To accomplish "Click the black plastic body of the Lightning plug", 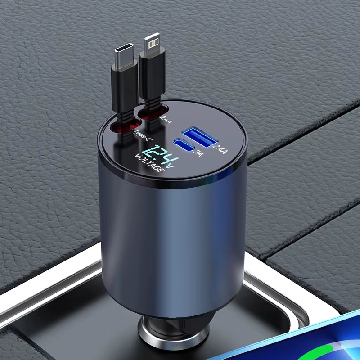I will [153, 76].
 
